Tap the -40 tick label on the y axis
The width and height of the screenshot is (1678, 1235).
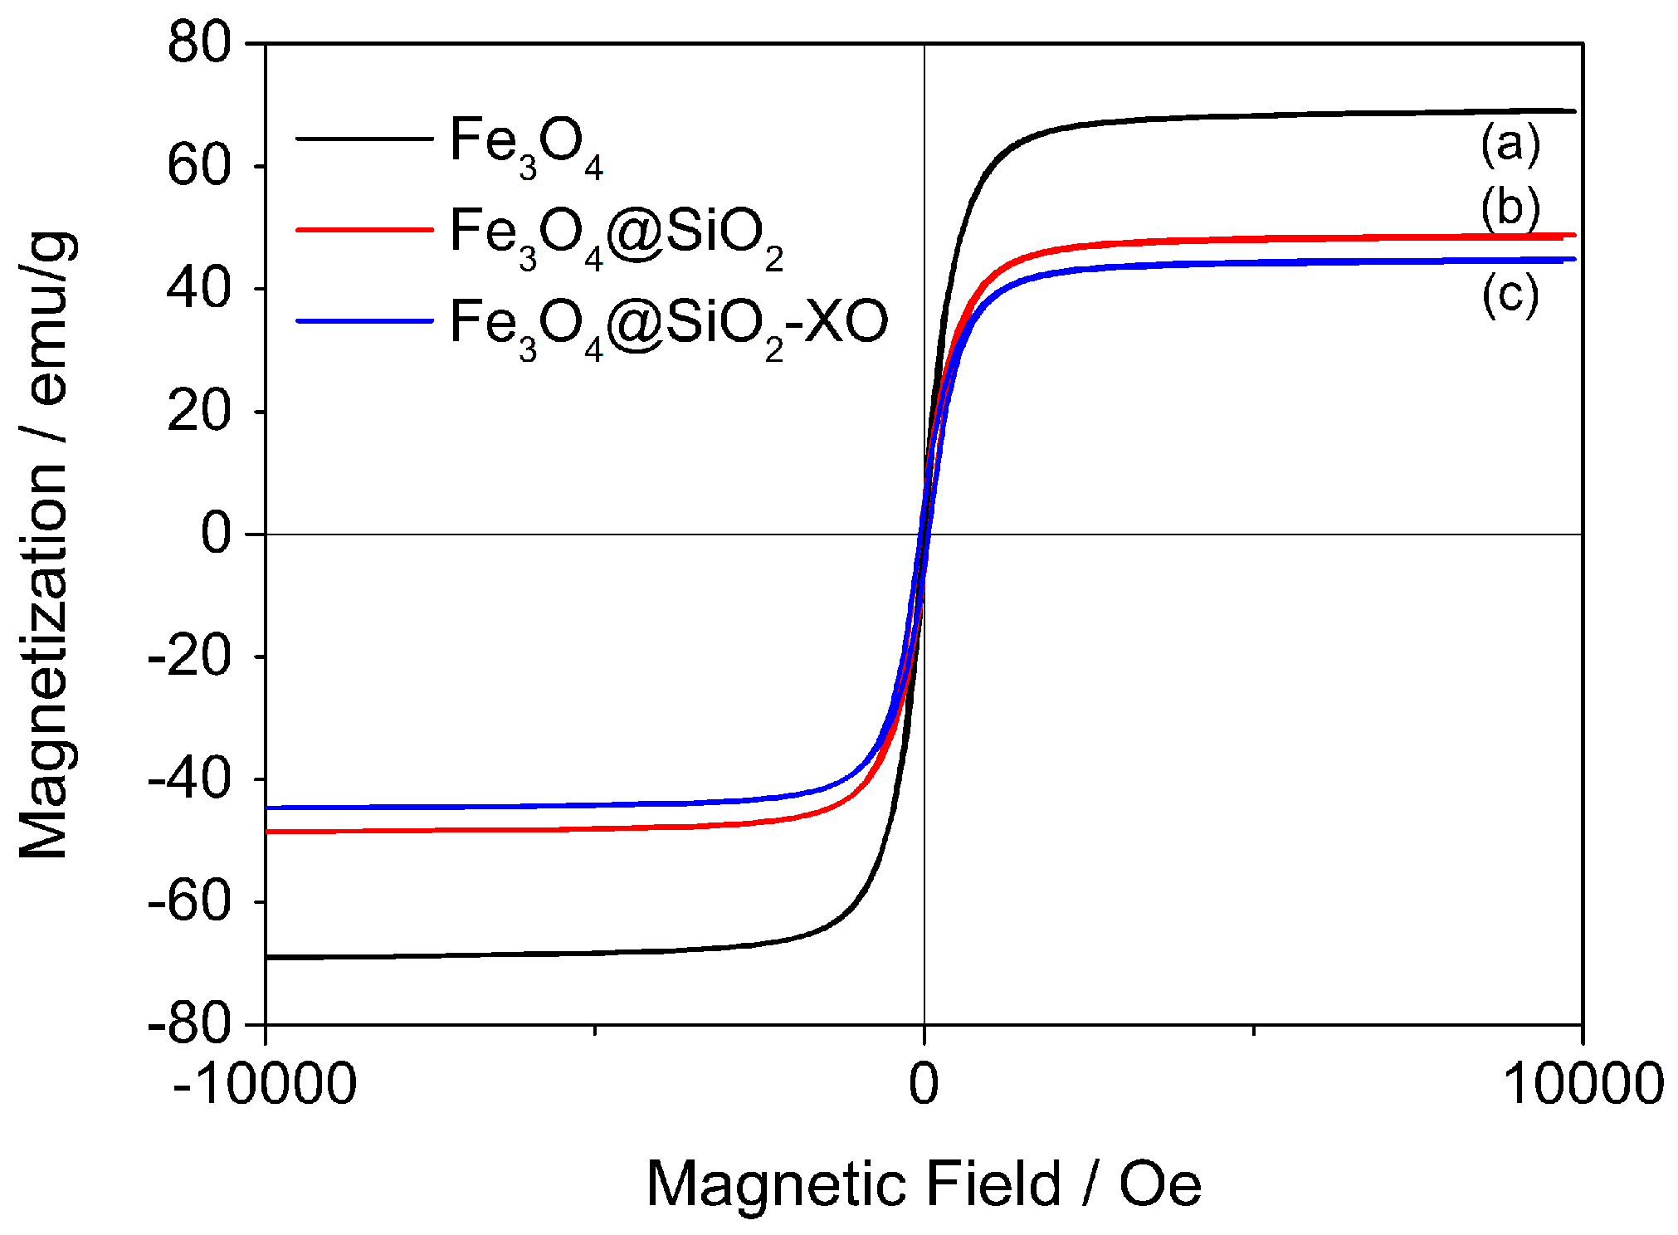(x=189, y=779)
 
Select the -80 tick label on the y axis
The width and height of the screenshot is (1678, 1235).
(x=189, y=1025)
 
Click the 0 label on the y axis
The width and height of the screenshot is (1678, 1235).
(x=217, y=534)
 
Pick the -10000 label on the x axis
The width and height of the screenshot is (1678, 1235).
(x=265, y=1084)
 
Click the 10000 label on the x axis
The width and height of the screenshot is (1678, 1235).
(x=1583, y=1084)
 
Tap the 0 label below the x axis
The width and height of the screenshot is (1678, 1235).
(x=924, y=1084)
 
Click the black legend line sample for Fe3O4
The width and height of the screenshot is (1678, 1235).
(x=364, y=139)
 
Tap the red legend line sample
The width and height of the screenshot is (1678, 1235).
(x=364, y=228)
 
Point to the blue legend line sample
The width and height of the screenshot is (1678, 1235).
(x=364, y=320)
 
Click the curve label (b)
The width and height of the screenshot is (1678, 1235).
(x=1510, y=207)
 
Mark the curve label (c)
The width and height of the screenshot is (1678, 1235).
(x=1510, y=295)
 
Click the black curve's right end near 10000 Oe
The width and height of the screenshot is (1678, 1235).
(x=1572, y=110)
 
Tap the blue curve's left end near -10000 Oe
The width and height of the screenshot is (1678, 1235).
(x=269, y=808)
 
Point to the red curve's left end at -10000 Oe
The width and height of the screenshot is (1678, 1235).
(x=269, y=831)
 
